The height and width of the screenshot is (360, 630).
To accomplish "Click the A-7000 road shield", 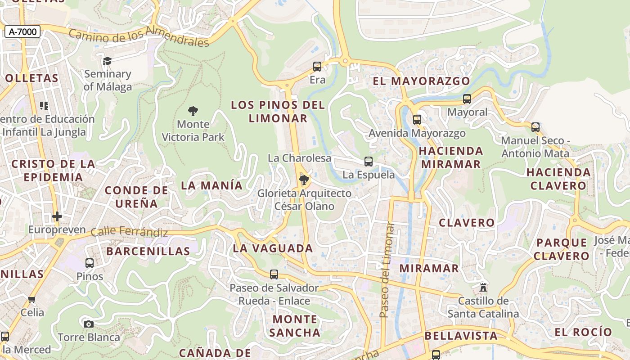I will coord(22,31).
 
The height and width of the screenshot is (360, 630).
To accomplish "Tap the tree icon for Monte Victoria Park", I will coord(193,111).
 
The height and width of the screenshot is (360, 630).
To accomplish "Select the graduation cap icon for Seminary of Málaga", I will coord(107,61).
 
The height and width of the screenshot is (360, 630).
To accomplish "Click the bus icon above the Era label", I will coord(317,67).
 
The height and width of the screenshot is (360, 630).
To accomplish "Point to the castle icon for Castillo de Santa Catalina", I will coord(484,287).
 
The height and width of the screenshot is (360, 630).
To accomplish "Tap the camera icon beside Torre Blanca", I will coord(89,324).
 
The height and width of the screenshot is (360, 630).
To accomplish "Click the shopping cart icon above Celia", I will coord(32,299).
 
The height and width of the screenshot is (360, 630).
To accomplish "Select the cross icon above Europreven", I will coord(57,216).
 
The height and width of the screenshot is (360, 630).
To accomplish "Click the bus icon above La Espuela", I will coord(369,162).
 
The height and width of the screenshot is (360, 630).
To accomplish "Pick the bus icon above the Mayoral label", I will coord(467,99).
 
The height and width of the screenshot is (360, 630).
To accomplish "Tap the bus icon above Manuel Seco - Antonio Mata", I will coord(535,127).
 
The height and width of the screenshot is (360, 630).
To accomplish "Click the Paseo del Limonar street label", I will coord(387,270).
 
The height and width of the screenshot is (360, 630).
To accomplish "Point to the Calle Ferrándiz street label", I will coord(129,232).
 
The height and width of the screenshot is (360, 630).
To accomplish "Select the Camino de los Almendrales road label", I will coord(139,38).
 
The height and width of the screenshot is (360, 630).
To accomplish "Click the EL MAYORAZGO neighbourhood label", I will coord(421,81).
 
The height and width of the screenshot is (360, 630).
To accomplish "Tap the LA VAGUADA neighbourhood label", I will coord(273,248).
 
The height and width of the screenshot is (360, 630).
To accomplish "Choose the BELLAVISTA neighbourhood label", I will coord(461,336).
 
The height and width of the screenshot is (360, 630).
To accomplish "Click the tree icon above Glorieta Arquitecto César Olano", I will coord(304,180).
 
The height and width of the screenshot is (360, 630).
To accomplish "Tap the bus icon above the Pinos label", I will coord(90,263).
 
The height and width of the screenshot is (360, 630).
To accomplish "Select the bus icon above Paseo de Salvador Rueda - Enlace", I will coord(274,274).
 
